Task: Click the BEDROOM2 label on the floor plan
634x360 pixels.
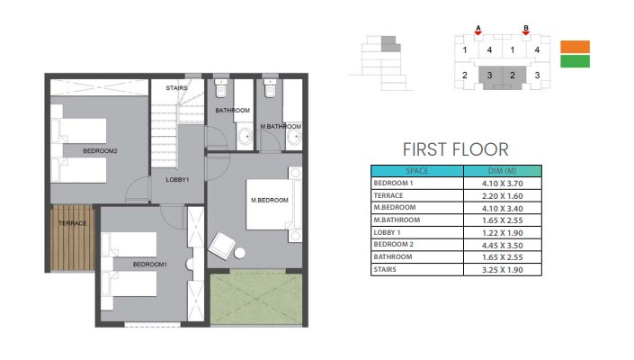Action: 100,151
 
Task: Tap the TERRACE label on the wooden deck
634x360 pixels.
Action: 72,223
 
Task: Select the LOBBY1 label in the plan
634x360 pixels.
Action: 177,180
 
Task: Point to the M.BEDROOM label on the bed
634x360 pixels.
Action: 270,200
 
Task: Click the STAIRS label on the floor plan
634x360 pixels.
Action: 176,88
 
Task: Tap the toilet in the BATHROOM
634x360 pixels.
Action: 221,88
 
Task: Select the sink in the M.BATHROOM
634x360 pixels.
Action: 294,137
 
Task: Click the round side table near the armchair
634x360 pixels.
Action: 240,253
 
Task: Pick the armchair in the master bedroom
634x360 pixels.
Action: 221,246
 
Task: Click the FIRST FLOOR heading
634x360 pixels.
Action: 456,149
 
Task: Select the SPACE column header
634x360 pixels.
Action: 417,171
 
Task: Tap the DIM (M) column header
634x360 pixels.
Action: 502,171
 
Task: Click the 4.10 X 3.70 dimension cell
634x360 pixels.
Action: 502,184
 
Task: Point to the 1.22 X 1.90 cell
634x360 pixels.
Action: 502,233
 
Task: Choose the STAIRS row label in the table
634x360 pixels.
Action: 385,269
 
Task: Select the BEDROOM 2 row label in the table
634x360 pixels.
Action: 393,244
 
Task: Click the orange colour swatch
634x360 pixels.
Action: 575,47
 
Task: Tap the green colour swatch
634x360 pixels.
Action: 575,61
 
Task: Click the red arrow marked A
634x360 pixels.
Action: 478,32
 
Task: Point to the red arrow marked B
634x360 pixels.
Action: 526,32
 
